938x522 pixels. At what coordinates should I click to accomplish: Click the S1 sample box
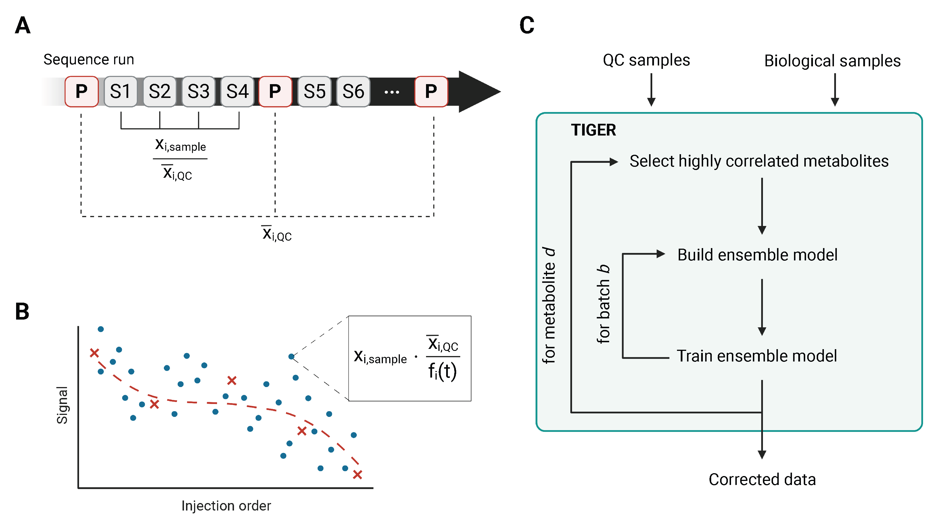120,91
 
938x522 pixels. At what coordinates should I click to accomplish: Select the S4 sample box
237,91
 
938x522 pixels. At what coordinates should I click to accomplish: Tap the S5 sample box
314,91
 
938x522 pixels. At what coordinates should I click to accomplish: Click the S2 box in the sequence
160,91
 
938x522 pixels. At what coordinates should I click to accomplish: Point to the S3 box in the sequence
198,91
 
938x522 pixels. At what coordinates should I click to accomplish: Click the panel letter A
23,26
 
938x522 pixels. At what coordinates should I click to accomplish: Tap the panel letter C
527,26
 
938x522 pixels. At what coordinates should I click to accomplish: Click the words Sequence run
89,59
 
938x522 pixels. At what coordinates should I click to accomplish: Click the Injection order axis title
226,506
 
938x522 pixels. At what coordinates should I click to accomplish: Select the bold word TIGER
593,130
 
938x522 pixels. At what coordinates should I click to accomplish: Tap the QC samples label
646,60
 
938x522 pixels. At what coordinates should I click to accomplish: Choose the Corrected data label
762,480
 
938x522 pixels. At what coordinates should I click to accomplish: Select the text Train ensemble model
756,356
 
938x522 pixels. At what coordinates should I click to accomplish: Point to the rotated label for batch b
603,304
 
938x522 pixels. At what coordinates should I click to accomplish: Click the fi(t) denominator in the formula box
442,372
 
